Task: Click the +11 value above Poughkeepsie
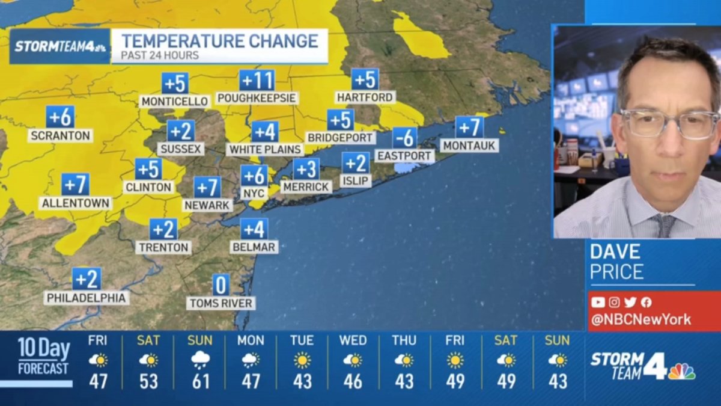click(x=257, y=81)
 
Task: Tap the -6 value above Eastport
click(x=405, y=138)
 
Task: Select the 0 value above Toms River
click(x=221, y=285)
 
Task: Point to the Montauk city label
click(x=469, y=146)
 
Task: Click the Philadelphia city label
click(x=87, y=298)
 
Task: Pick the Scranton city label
click(x=59, y=135)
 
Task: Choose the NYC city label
click(x=254, y=193)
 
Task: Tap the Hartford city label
click(x=365, y=97)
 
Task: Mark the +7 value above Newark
click(x=207, y=187)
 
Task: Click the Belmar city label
click(x=254, y=247)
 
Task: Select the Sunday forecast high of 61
click(x=199, y=381)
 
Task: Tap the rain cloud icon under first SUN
click(x=199, y=360)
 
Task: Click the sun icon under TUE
click(x=302, y=360)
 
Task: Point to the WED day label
click(x=353, y=340)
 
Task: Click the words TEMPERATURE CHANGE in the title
click(x=219, y=42)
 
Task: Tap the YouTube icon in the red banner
click(x=598, y=302)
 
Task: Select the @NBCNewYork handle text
click(x=640, y=319)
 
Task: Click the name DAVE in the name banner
click(x=616, y=251)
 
